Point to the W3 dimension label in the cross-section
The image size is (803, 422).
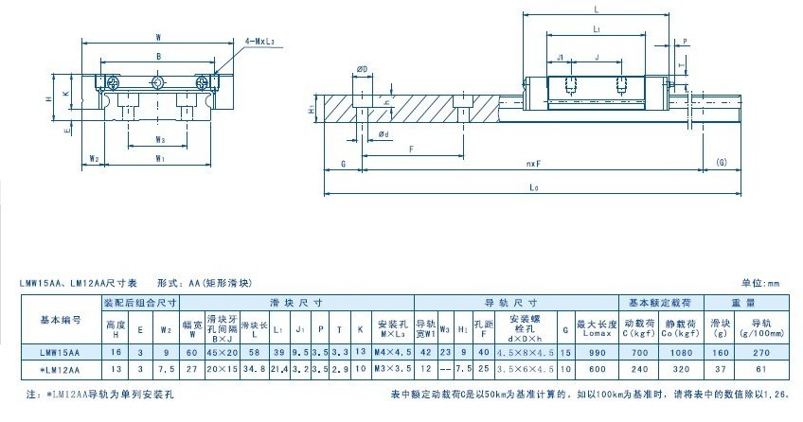pyautogui.click(x=160, y=139)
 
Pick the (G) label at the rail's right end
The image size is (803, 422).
pyautogui.click(x=722, y=163)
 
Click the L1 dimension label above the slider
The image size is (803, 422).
pyautogui.click(x=595, y=30)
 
